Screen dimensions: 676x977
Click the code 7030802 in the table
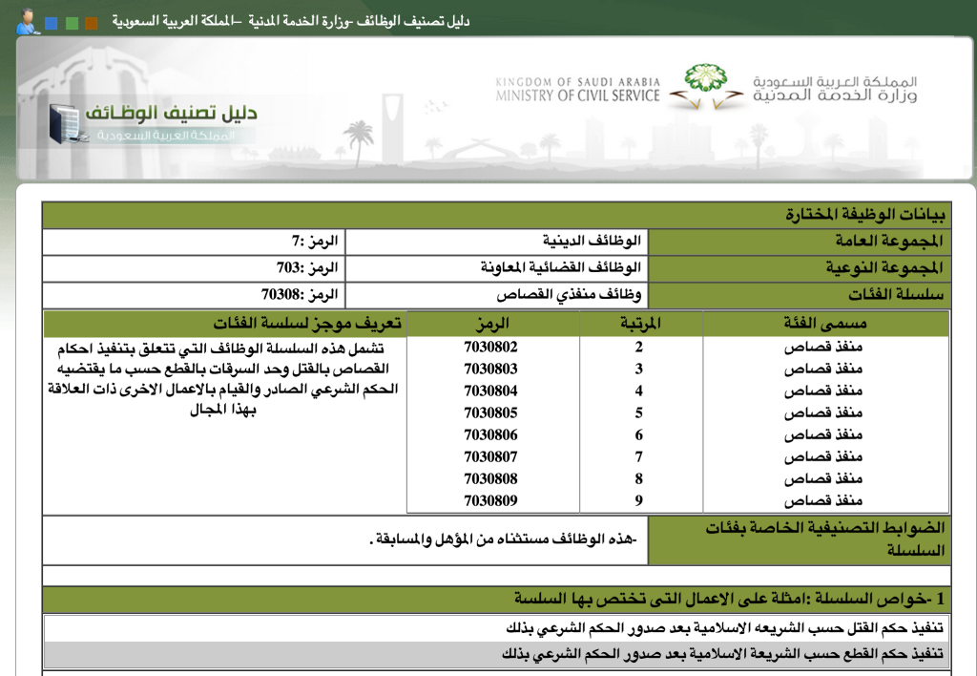click(x=490, y=347)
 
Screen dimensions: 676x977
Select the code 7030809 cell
click(x=490, y=499)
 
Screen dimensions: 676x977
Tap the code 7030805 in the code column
click(x=490, y=412)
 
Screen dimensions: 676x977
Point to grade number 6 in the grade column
click(x=639, y=434)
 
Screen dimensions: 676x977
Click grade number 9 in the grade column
click(x=639, y=499)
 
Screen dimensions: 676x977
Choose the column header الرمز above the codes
click(x=491, y=324)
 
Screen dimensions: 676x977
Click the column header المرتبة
click(x=640, y=324)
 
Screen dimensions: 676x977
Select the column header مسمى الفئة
click(x=825, y=324)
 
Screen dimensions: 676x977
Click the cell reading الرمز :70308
click(x=300, y=295)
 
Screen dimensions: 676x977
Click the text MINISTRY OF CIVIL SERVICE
click(x=577, y=95)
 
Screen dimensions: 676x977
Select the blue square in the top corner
click(x=51, y=23)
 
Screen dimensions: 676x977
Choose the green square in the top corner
click(x=72, y=23)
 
